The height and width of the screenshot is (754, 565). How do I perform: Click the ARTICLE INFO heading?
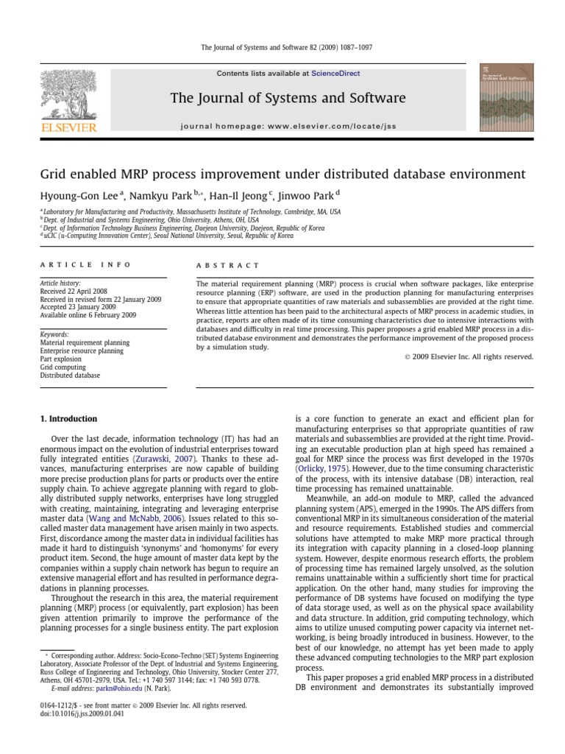(x=85, y=265)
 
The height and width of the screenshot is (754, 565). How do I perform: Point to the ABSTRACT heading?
(x=228, y=265)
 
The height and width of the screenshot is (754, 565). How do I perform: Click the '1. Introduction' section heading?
(x=68, y=419)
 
